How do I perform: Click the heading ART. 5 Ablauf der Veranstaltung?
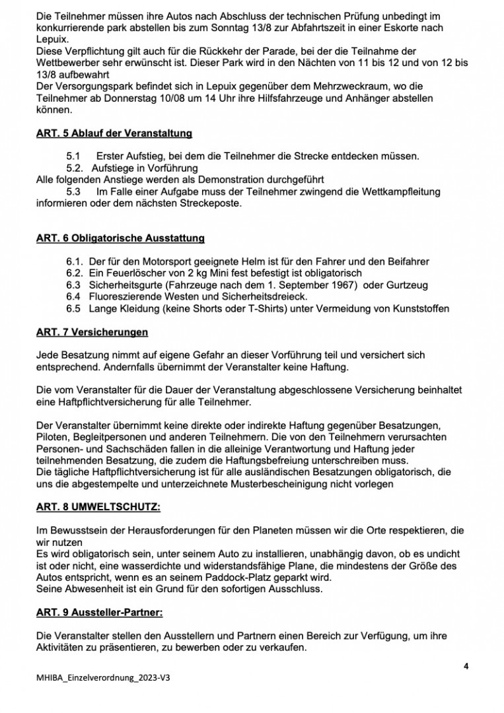click(x=114, y=133)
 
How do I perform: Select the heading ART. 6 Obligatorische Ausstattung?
click(x=120, y=238)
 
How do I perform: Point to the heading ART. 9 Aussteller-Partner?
click(x=98, y=612)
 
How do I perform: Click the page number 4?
click(x=466, y=665)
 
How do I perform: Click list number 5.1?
click(x=73, y=156)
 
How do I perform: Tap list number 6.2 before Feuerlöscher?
click(x=74, y=273)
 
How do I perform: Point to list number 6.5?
click(x=73, y=308)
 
